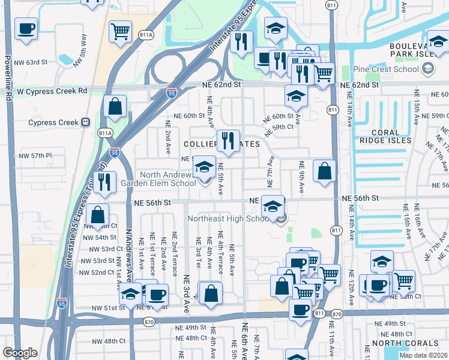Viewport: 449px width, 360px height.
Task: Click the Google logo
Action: (x=20, y=353)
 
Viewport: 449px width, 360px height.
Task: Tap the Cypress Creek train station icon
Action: (x=86, y=122)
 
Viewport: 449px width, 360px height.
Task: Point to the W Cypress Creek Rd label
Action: (x=52, y=91)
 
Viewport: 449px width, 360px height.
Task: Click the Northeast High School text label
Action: (x=228, y=218)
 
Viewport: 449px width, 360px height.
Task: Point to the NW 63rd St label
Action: (x=32, y=62)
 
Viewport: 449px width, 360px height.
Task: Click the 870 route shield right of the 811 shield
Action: (x=337, y=313)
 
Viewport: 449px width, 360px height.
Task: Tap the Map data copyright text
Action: (x=423, y=355)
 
